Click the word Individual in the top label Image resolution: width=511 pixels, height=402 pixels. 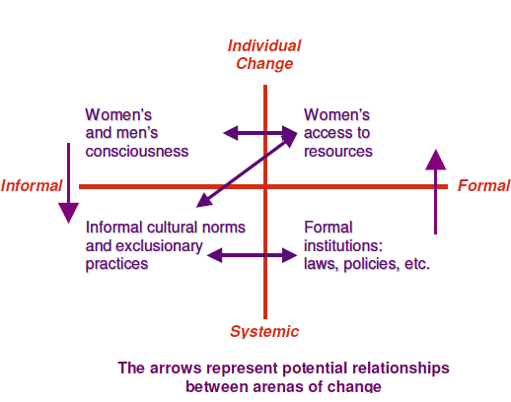pos(264,45)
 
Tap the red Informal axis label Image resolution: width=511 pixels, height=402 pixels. pos(32,185)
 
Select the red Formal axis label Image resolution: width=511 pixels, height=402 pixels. pos(483,185)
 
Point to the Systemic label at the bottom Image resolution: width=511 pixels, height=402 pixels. pos(264,331)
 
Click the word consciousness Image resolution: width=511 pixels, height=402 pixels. pos(137,152)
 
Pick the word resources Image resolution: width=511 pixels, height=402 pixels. pos(338,152)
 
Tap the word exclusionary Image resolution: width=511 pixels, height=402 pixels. pos(144,246)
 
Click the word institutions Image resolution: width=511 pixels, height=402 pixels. pos(343,245)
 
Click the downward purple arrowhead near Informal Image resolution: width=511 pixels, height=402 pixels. pos(68,213)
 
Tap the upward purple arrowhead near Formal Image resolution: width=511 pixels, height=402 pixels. pos(435,160)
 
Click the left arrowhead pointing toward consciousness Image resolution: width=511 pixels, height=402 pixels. pos(231,133)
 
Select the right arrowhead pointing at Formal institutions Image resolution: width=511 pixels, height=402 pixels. pos(290,255)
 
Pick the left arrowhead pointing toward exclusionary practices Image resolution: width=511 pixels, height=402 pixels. pos(215,255)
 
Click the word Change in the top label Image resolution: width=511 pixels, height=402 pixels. pos(264,64)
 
